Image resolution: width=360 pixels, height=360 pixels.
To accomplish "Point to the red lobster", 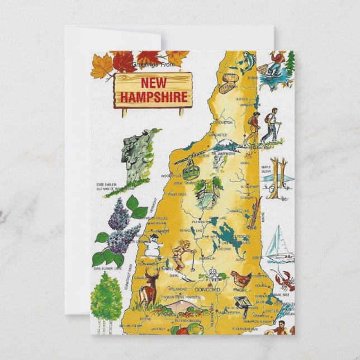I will [x=282, y=278].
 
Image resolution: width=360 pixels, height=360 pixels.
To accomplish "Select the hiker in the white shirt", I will [x=272, y=125].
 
